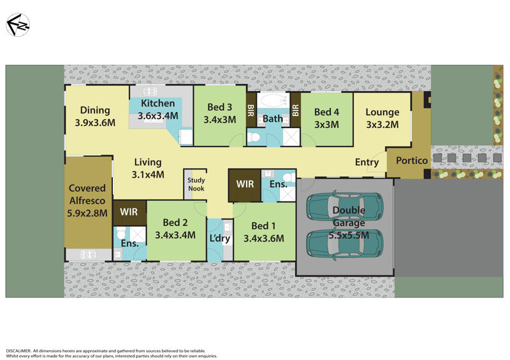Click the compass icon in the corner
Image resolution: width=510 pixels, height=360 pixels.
pos(18,25)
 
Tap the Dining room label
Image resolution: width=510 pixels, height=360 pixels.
pos(95,117)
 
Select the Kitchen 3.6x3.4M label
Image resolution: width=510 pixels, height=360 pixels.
pos(157,109)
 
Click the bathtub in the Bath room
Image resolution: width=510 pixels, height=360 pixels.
pos(273,101)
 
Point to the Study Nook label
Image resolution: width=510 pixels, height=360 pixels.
pos(196,184)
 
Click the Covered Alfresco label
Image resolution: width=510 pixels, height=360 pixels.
pos(87,201)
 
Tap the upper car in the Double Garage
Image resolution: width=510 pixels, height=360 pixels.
pos(345,207)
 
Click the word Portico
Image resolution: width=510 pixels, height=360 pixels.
pos(412,161)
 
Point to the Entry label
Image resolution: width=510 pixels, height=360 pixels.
pos(367,162)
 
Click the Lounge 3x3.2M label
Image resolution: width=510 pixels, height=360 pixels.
pos(382,119)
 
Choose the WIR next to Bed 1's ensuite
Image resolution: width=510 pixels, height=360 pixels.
pos(245,184)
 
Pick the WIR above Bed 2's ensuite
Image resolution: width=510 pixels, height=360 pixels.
pos(129,212)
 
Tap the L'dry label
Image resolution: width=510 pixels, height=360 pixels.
pos(220,238)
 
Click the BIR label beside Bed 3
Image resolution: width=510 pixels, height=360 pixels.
pos(251,110)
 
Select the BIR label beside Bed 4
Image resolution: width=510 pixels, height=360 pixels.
pos(295,110)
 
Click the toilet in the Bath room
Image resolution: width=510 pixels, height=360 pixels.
pos(254,138)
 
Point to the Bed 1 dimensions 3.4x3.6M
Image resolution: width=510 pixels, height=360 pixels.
pos(264,238)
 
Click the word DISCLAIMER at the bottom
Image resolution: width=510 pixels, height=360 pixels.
pos(18,351)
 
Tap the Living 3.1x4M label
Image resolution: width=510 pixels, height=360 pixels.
pos(148,168)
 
